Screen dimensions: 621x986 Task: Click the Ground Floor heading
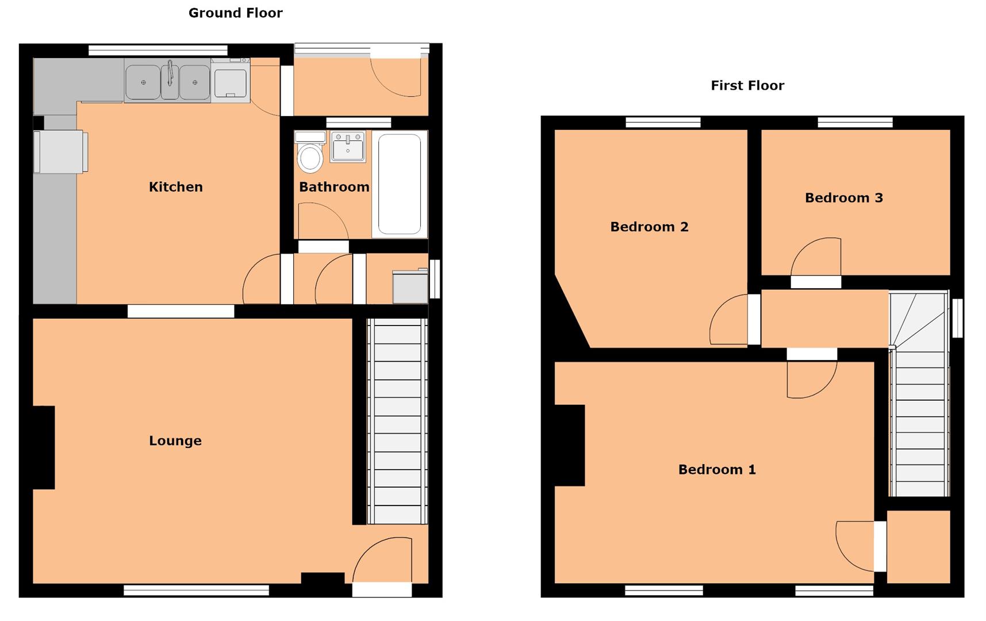pyautogui.click(x=235, y=13)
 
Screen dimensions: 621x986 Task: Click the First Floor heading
pyautogui.click(x=747, y=86)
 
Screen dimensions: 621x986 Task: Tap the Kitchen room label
pyautogui.click(x=175, y=187)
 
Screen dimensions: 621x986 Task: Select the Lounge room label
pyautogui.click(x=175, y=441)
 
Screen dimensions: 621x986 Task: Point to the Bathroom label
pyautogui.click(x=333, y=187)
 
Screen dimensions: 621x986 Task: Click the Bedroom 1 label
pyautogui.click(x=716, y=470)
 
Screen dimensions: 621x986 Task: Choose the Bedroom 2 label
pyautogui.click(x=649, y=227)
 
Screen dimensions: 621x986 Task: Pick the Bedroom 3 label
pyautogui.click(x=843, y=198)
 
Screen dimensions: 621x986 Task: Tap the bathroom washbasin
pyautogui.click(x=348, y=147)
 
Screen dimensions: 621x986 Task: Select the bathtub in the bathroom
pyautogui.click(x=400, y=184)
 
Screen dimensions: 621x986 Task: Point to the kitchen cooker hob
pyautogui.click(x=231, y=80)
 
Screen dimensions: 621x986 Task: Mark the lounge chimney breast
pyautogui.click(x=44, y=447)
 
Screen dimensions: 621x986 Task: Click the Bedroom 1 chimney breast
pyautogui.click(x=569, y=445)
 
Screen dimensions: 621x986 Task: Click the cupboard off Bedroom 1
pyautogui.click(x=918, y=546)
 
